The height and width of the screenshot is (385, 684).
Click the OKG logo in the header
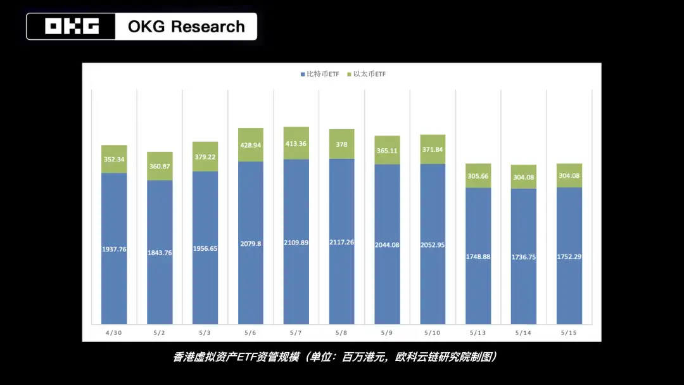click(72, 27)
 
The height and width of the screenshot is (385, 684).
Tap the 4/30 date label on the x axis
click(114, 332)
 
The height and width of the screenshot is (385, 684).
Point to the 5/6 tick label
click(251, 332)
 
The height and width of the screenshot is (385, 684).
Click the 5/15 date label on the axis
click(569, 332)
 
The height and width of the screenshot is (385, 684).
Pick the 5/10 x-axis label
click(433, 332)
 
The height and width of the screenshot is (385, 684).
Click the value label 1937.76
click(114, 249)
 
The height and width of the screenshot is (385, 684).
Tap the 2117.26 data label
click(341, 242)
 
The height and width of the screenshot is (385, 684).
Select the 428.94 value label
click(251, 145)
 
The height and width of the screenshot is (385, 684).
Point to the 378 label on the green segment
click(341, 144)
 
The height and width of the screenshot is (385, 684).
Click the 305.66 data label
click(478, 176)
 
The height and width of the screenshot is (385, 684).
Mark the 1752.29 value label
click(569, 256)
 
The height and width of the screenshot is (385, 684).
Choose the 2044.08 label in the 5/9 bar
click(387, 244)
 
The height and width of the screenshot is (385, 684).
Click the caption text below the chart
click(334, 357)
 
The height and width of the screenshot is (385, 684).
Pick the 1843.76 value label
click(160, 253)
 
